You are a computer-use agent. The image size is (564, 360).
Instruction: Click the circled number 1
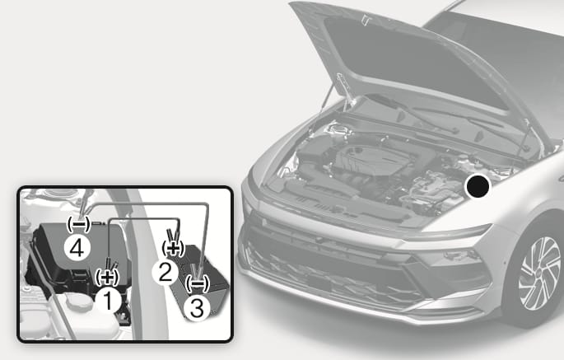[108, 301]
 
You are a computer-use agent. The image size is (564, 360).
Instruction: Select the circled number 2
[165, 272]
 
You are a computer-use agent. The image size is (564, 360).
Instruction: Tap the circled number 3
[197, 309]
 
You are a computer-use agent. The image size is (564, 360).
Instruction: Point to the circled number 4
[77, 248]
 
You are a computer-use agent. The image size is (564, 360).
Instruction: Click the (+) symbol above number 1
[107, 277]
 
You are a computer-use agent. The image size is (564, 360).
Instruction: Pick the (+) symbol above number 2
[173, 249]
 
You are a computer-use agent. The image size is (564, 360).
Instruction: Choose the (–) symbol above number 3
[197, 283]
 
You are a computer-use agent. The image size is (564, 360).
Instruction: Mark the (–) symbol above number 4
[79, 224]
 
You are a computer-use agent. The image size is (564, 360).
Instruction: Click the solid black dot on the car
[478, 186]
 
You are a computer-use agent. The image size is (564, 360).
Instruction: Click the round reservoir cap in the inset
[78, 302]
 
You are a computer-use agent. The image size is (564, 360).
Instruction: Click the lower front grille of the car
[331, 274]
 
